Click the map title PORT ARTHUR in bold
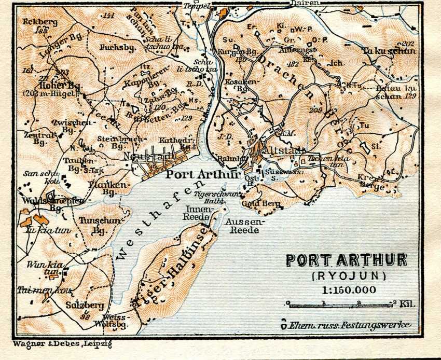pos(347,260)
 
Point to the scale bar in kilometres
pos(340,303)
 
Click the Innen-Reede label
pos(199,213)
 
